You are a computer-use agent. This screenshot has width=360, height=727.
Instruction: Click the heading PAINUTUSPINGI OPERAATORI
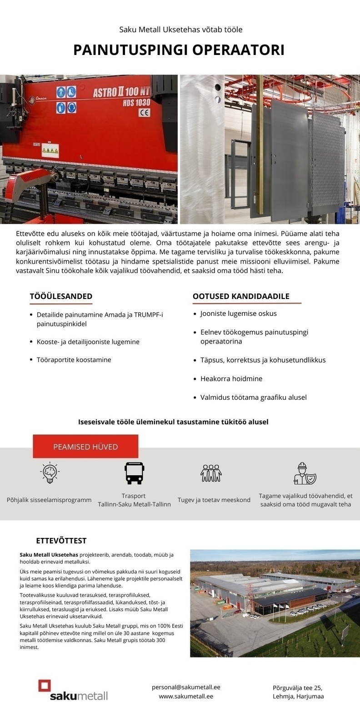[x=179, y=50]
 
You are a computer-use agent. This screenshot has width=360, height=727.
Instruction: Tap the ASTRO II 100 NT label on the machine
[x=121, y=92]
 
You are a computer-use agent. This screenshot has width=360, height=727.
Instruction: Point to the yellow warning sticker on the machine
[x=47, y=150]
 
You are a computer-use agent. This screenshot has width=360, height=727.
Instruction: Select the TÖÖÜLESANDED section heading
[x=61, y=296]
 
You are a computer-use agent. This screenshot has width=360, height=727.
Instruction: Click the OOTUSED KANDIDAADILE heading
[x=241, y=296]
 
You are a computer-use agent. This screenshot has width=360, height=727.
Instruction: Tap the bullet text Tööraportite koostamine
[x=74, y=359]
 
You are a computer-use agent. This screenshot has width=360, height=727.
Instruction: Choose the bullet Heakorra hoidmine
[x=231, y=378]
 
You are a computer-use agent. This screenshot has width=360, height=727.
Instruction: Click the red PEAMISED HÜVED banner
[x=85, y=447]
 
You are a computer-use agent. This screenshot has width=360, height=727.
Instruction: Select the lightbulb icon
[x=50, y=473]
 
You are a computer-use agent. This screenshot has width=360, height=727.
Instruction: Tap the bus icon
[x=134, y=473]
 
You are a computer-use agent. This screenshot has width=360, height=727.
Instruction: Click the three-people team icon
[x=211, y=473]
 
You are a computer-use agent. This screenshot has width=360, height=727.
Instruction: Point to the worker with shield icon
[x=304, y=473]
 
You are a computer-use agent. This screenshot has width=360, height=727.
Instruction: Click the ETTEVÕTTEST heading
[x=61, y=541]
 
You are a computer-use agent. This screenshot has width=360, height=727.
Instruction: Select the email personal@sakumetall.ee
[x=186, y=687]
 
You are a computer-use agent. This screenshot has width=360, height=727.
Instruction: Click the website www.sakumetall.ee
[x=186, y=696]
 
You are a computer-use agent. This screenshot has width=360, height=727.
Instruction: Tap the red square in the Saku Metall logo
[x=45, y=686]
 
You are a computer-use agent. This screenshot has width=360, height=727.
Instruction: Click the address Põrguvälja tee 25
[x=297, y=687]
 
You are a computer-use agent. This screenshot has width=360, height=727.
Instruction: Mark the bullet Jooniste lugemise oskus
[x=238, y=314]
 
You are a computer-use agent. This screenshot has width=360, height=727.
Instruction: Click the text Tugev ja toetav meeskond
[x=214, y=500]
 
